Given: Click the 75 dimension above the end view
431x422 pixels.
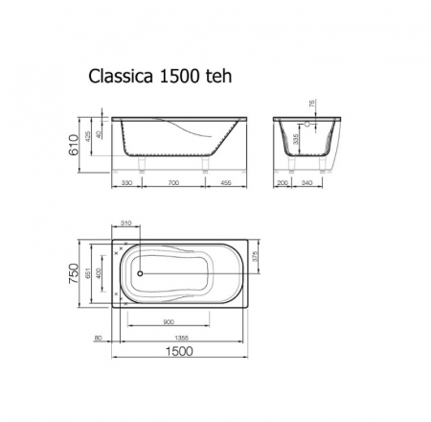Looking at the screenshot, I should pos(313,105).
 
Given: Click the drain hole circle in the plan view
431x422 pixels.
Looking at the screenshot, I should pos(140,272).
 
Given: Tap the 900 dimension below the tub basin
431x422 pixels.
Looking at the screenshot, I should pos(170,321).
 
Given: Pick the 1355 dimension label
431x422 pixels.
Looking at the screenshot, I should pos(182,337).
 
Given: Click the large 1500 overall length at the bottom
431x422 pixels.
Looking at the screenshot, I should pos(183,352).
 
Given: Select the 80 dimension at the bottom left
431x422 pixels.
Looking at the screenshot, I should pos(99,337).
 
